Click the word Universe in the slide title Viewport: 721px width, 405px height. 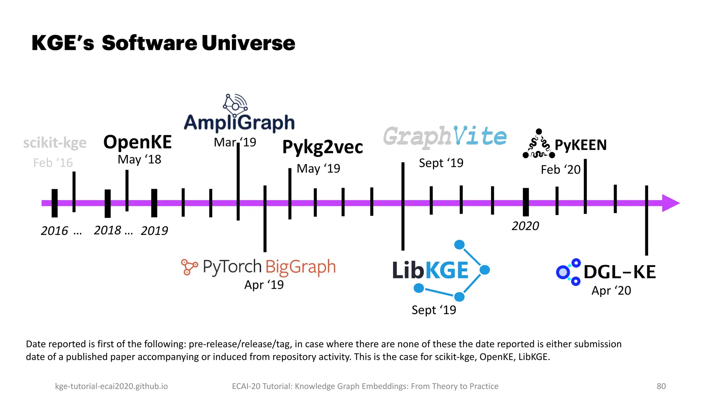pos(248,43)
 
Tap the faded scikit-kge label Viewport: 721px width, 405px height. pos(55,143)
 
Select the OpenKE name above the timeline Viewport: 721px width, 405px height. pos(137,142)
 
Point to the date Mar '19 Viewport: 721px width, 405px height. pos(235,142)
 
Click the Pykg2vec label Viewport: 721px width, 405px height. pos(322,147)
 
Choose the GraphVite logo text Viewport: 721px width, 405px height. pos(445,136)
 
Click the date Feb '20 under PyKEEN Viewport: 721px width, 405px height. pos(560,170)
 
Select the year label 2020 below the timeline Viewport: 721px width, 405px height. pos(525,226)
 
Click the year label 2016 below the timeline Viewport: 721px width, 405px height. pos(54,231)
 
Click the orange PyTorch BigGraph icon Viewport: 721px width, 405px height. pos(189,267)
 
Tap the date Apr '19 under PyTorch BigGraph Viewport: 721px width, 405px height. pos(264,285)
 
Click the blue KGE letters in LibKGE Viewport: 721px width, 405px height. pos(447,270)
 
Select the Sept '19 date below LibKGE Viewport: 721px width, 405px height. pos(434,310)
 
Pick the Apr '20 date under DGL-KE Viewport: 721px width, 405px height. pos(611,291)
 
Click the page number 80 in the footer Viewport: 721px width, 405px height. pos(661,386)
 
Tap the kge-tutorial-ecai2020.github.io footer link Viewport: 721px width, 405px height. pos(111,386)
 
